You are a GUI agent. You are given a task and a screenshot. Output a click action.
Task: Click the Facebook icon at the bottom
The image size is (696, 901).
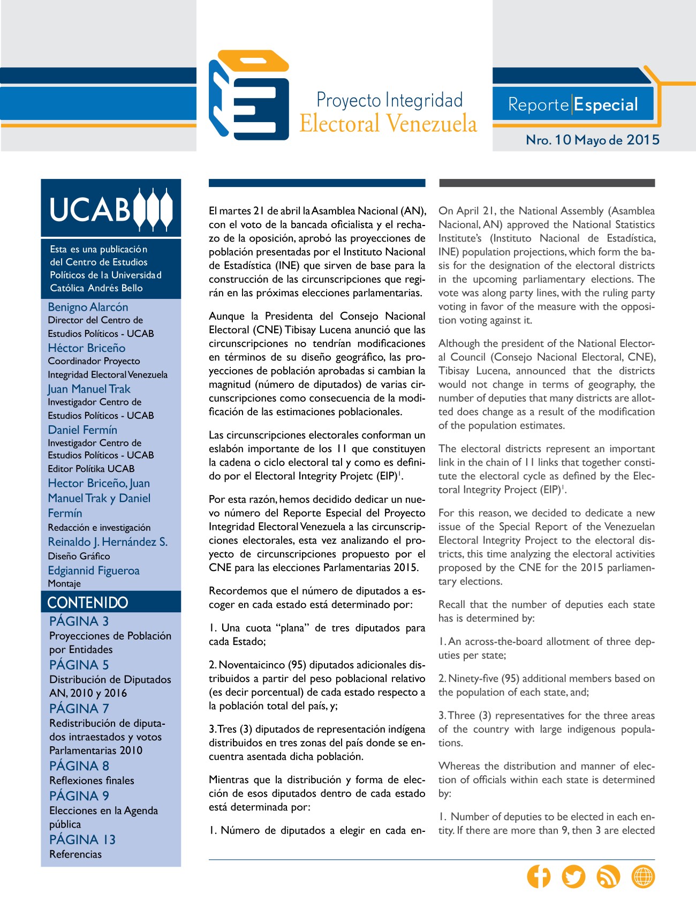tap(539, 876)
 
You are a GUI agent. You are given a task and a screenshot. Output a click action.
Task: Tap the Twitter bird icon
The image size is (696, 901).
tap(573, 876)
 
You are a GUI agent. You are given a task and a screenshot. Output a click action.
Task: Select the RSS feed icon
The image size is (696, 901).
tap(608, 876)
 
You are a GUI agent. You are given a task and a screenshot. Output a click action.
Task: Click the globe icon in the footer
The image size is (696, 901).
tap(643, 876)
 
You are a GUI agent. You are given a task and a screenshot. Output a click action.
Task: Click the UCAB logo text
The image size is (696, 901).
tap(90, 209)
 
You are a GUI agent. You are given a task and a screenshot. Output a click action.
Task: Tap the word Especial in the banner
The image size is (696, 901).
tap(606, 104)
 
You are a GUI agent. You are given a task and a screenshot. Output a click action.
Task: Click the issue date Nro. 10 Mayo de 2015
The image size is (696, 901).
tap(593, 140)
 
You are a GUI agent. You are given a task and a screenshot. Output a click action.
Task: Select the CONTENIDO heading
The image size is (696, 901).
tap(88, 603)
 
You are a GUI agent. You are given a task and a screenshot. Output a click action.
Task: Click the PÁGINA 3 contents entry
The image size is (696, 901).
tap(79, 621)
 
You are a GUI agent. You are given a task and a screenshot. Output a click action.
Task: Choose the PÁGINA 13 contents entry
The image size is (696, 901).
tap(82, 839)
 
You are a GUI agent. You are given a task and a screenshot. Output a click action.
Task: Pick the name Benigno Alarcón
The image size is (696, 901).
tap(88, 307)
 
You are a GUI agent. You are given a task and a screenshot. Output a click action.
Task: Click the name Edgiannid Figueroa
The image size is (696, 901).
tap(94, 570)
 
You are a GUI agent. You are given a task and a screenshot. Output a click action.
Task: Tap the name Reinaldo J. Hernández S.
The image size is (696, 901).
tap(108, 542)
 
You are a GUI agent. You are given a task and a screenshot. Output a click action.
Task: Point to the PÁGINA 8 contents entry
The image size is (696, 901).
tap(79, 766)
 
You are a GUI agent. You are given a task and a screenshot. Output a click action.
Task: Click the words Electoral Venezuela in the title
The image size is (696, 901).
tap(388, 124)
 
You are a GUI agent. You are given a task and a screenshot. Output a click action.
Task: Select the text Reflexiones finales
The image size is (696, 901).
tap(92, 780)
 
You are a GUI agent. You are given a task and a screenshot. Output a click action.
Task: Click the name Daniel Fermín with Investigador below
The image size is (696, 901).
tap(82, 430)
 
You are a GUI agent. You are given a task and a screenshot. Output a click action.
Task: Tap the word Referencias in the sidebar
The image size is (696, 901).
tap(75, 854)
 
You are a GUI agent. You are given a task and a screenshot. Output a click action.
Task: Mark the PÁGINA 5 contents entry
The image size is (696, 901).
tap(79, 665)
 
